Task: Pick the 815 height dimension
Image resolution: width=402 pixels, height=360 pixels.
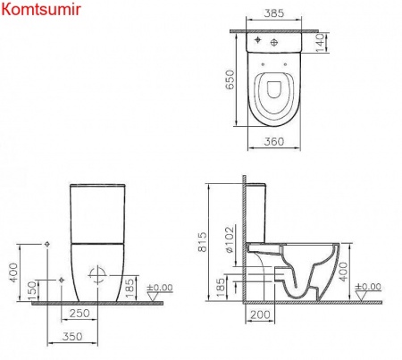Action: (205, 241)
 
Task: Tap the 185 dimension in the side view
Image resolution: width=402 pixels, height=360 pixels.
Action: (222, 288)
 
